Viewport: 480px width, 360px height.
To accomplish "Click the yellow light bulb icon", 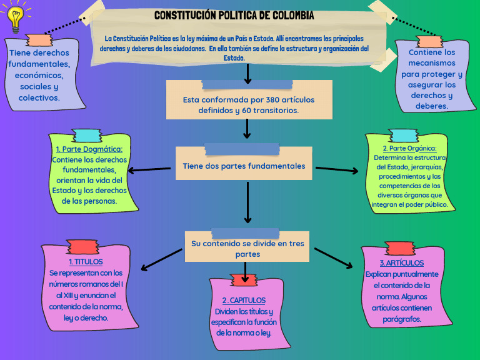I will pyautogui.click(x=14, y=17).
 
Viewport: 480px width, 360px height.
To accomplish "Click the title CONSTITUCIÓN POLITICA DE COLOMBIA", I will pyautogui.click(x=234, y=15).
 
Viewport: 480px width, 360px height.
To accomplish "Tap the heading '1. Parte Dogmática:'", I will pyautogui.click(x=89, y=149).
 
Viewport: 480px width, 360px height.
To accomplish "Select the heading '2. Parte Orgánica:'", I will pyautogui.click(x=409, y=148).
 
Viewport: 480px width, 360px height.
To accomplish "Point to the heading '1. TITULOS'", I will pyautogui.click(x=86, y=262).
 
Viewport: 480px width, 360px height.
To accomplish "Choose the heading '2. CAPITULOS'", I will pyautogui.click(x=244, y=301).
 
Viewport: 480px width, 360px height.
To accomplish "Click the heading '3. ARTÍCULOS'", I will pyautogui.click(x=401, y=262).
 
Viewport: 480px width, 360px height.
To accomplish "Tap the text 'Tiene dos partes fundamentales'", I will pyautogui.click(x=244, y=166).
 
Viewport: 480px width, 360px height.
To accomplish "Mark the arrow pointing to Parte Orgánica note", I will pyautogui.click(x=337, y=169).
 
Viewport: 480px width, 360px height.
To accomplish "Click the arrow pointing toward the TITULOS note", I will pyautogui.click(x=161, y=259).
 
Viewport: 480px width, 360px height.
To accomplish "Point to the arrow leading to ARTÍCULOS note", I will pyautogui.click(x=334, y=259).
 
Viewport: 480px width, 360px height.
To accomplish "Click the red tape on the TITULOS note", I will pyautogui.click(x=82, y=247).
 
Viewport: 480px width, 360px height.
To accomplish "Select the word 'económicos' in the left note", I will pyautogui.click(x=38, y=75).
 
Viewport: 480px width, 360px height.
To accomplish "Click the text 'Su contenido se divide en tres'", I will pyautogui.click(x=247, y=243).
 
